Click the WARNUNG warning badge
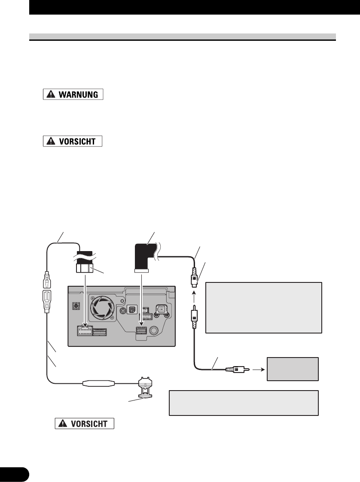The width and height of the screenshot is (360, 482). click(73, 94)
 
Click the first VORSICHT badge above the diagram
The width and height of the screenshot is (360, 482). click(73, 141)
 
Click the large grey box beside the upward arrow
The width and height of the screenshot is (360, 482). click(264, 307)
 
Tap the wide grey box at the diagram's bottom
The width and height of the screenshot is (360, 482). click(244, 403)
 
